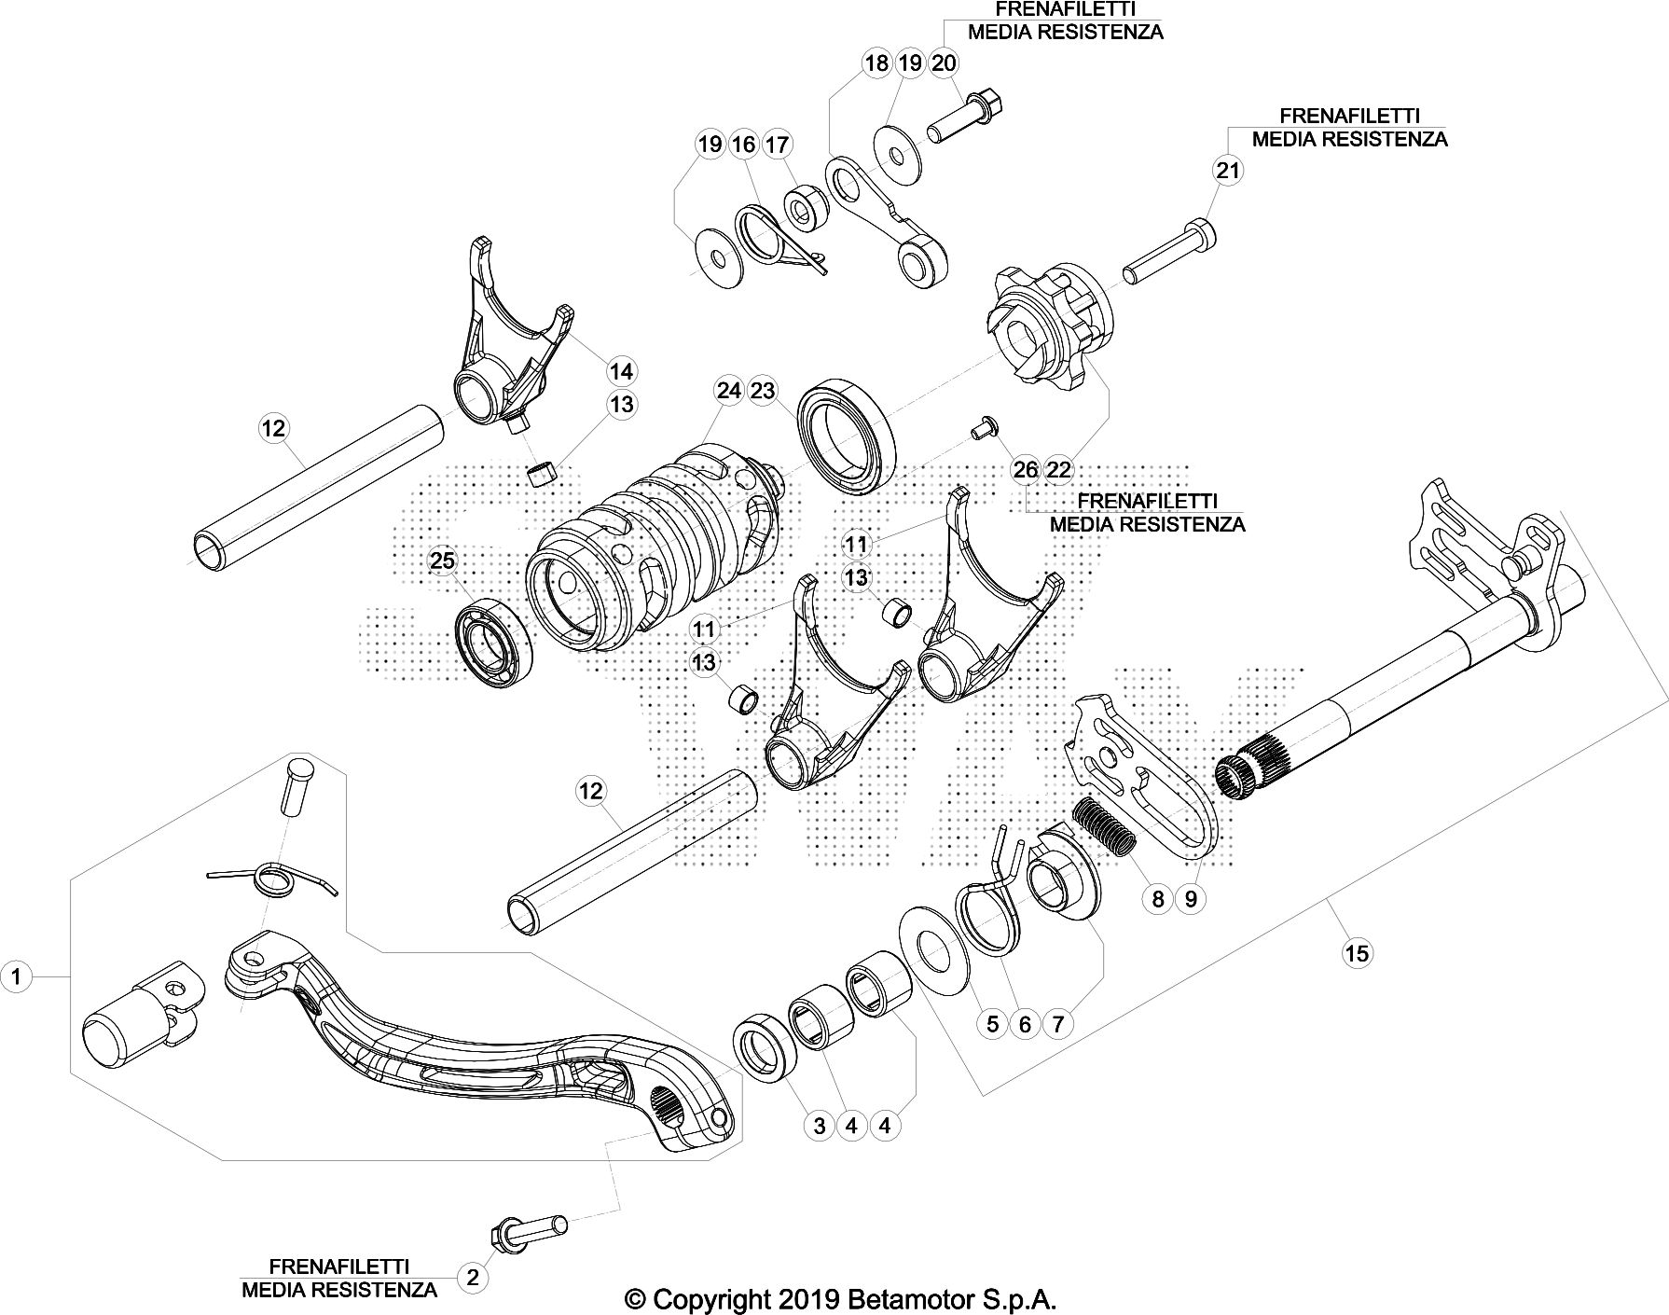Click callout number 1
tap(16, 976)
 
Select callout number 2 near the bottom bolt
tap(473, 1277)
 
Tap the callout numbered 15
tap(1357, 952)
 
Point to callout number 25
tap(443, 561)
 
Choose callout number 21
tap(1228, 170)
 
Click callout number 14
tap(621, 371)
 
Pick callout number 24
tap(729, 391)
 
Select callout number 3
tap(819, 1126)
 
